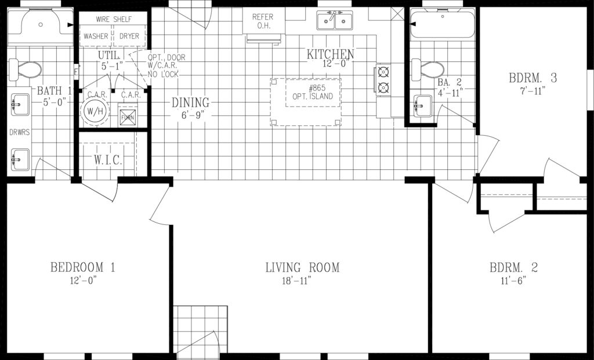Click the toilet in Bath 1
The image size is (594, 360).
(25, 70)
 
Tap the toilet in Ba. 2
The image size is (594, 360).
(428, 70)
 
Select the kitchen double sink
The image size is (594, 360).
(335, 20)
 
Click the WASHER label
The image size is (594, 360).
(96, 37)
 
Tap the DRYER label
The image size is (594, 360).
(129, 37)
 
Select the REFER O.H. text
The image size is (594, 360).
(263, 21)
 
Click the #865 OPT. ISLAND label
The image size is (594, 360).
(313, 92)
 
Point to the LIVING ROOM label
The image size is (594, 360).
(302, 268)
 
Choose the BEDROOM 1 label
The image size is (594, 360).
(82, 268)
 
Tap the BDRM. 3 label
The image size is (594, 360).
(533, 78)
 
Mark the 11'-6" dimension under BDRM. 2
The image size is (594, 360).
(513, 281)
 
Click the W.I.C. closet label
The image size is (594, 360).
(108, 160)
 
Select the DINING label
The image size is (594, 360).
(190, 103)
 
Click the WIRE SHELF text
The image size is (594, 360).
(114, 19)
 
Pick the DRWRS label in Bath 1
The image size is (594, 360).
(20, 133)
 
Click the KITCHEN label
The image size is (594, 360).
(330, 54)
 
